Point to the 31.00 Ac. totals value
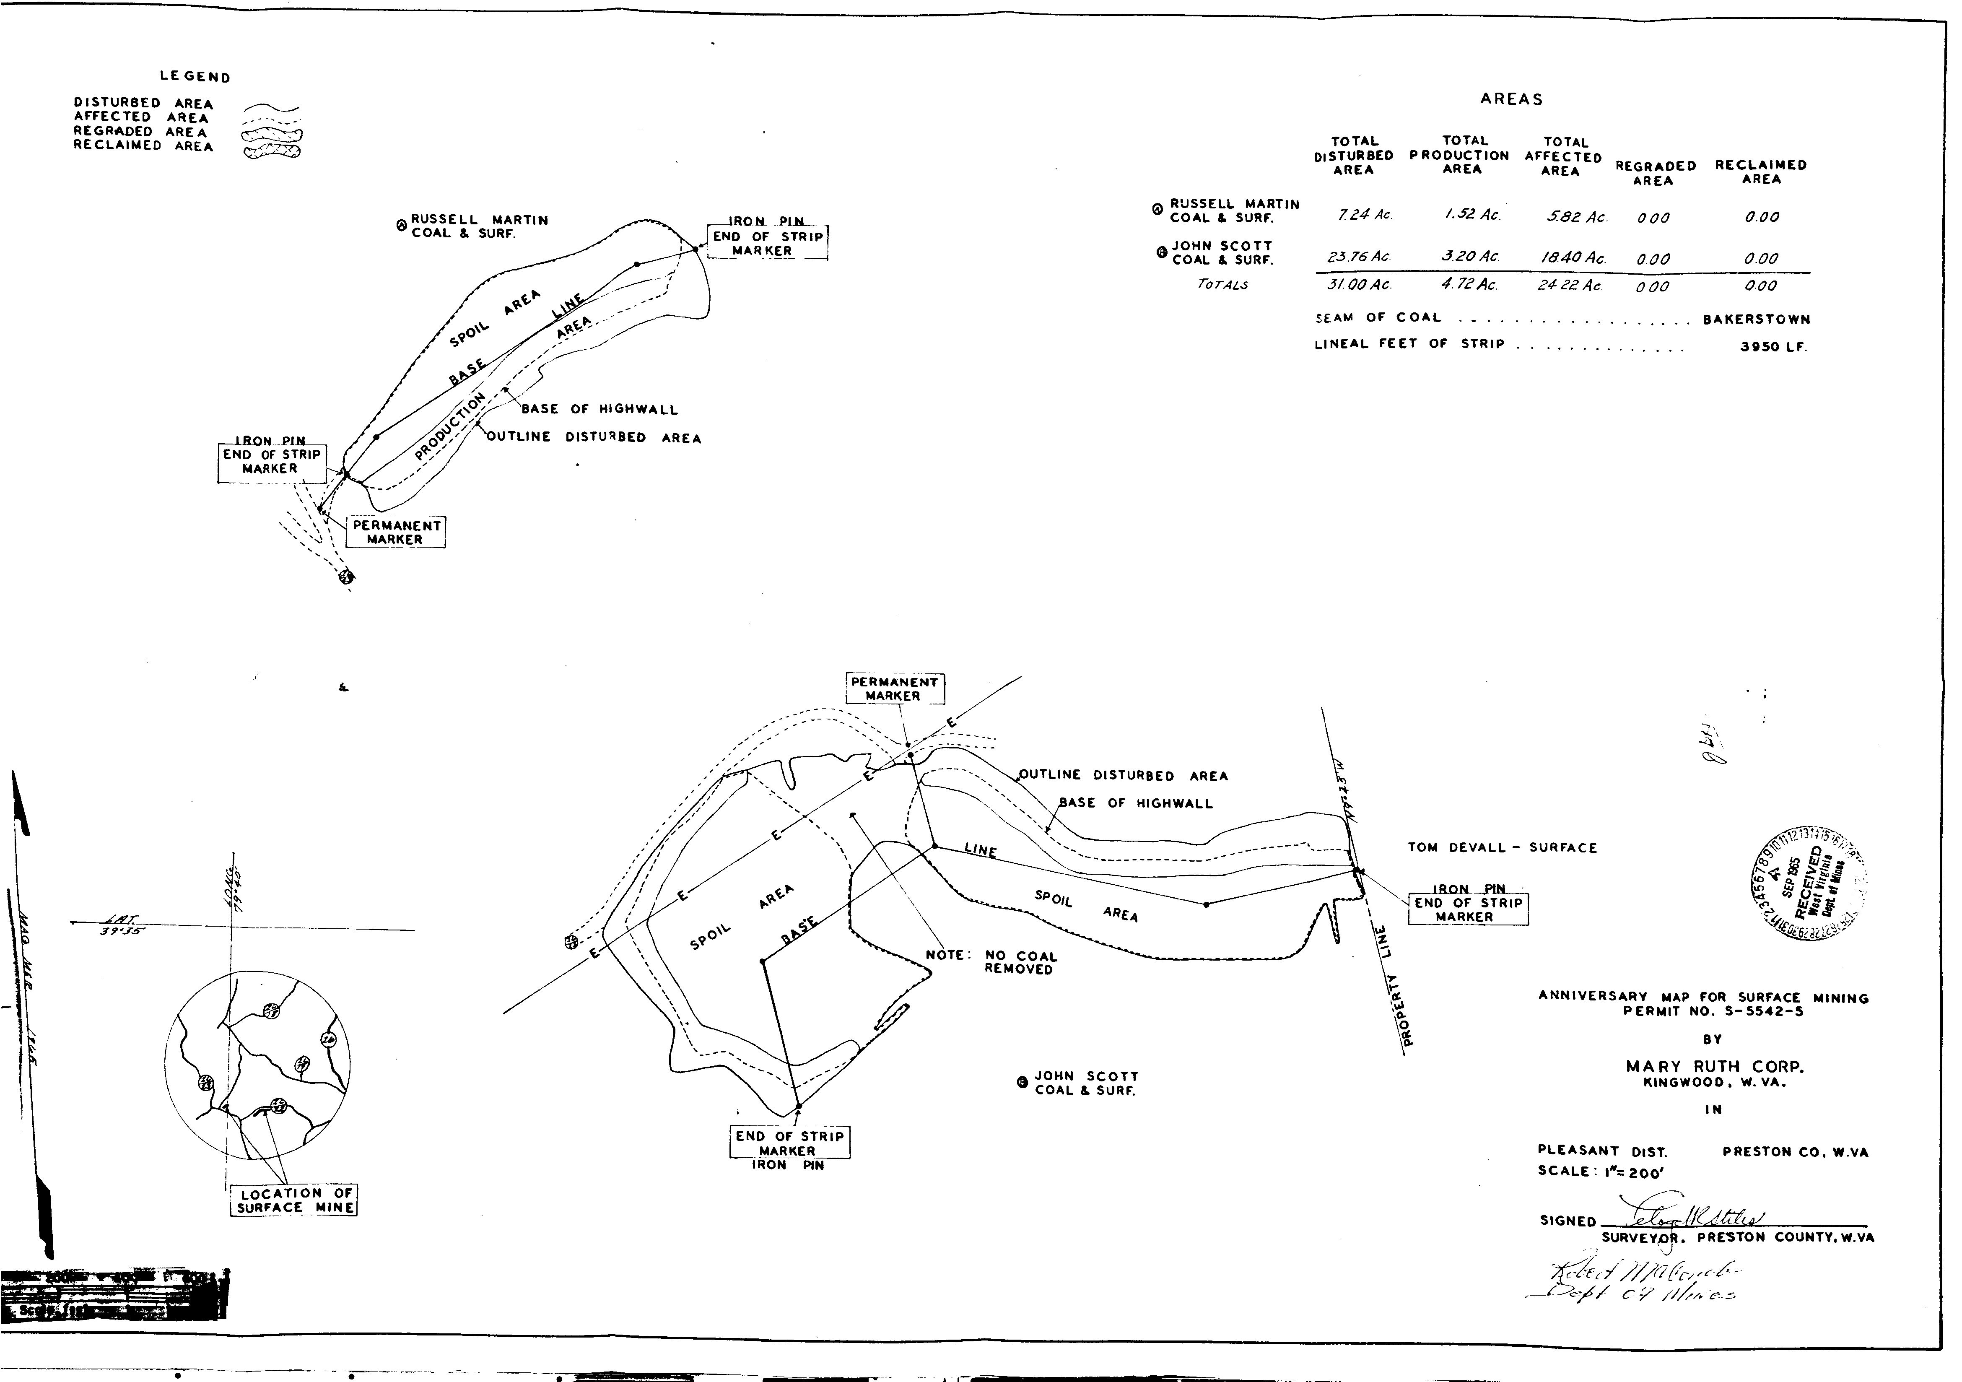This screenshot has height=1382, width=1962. [1365, 286]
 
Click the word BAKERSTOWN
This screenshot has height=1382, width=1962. [1756, 320]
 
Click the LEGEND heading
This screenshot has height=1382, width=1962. [195, 77]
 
